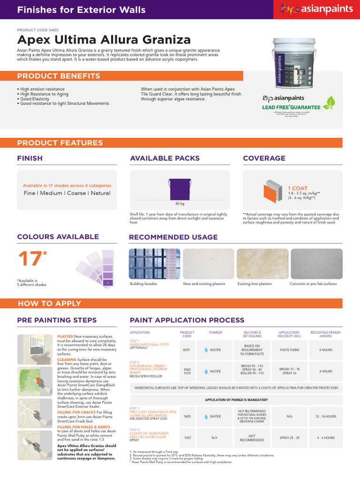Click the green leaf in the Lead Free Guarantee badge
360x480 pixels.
coord(331,102)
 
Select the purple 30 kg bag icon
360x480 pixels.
coord(180,188)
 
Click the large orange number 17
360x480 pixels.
coord(27,259)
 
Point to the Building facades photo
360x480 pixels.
coord(154,263)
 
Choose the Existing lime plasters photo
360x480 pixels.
coord(262,263)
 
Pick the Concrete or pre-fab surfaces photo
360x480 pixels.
coord(316,263)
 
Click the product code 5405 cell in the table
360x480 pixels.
coord(187,416)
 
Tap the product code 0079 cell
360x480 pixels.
coord(187,350)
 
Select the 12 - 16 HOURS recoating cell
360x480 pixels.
coord(326,416)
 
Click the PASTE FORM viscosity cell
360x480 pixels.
coord(289,350)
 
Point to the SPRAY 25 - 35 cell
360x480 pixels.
coord(289,438)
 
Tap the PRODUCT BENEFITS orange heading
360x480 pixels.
coord(58,76)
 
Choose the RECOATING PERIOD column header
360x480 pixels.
coord(326,334)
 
